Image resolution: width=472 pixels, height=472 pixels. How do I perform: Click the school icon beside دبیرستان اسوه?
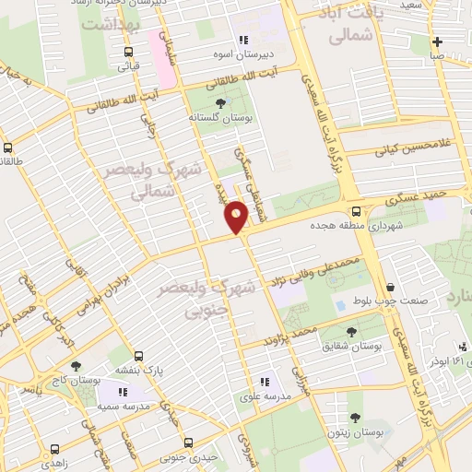[x=243, y=40]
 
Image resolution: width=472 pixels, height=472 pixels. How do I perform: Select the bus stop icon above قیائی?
[x=123, y=51]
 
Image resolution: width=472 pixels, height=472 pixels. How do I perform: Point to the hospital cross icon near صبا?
[x=437, y=41]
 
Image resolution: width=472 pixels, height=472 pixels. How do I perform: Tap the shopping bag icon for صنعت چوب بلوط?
[x=392, y=288]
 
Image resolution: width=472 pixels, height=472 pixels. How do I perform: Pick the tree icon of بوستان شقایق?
[x=352, y=330]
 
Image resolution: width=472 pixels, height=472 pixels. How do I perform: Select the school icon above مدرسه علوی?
[x=265, y=380]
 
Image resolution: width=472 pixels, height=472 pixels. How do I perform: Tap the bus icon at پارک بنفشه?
[x=139, y=356]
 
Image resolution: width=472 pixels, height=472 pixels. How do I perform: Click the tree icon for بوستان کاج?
[x=77, y=366]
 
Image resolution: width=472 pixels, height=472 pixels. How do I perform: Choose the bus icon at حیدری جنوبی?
[x=189, y=442]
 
